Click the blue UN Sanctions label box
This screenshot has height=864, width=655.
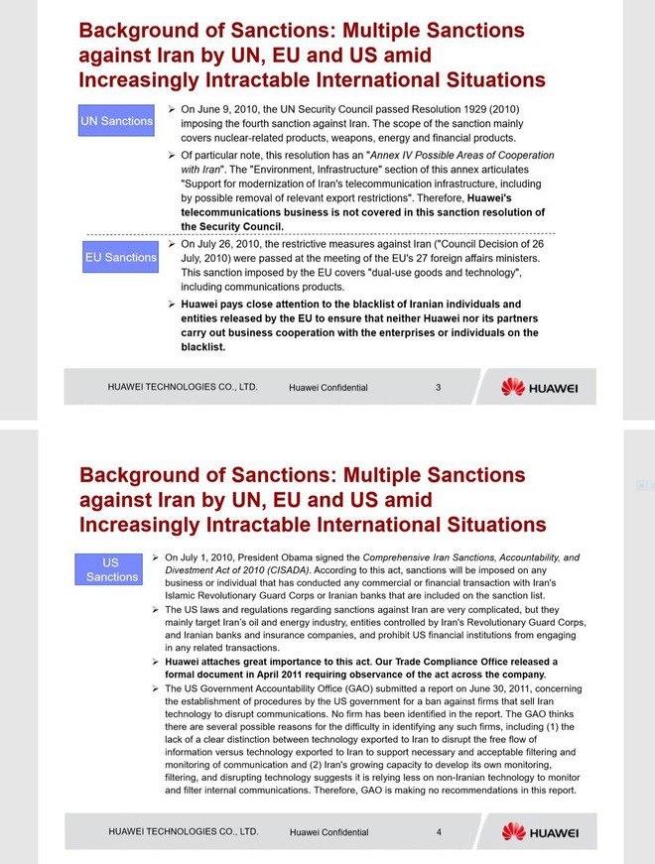coord(116,121)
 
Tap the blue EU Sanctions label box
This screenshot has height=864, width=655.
coord(120,257)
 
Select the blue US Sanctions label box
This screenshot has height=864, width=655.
coord(111,569)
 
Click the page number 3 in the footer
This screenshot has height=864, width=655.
coord(438,387)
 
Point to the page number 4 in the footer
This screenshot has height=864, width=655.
coord(439,832)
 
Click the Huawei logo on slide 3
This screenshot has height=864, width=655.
coord(539,387)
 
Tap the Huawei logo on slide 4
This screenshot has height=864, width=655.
coord(539,832)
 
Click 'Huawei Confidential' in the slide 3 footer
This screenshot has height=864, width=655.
coord(327,388)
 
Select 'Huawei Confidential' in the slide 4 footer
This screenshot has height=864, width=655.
coord(328,832)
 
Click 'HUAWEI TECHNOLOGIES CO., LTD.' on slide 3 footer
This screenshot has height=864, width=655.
coord(183,387)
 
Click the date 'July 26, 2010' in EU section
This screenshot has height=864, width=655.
coord(231,244)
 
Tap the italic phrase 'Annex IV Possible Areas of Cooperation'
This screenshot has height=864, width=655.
coord(461,156)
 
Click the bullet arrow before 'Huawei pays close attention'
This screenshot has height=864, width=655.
coord(172,305)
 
